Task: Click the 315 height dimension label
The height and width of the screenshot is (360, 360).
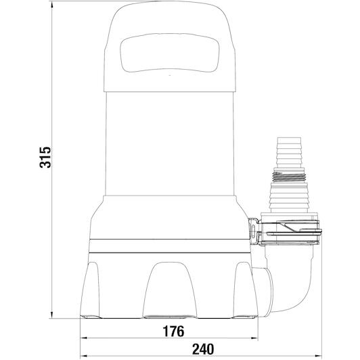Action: click(45, 157)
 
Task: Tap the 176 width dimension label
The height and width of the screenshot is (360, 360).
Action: click(173, 331)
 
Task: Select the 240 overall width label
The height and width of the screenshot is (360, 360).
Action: click(203, 349)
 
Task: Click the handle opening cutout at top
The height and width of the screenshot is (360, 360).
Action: click(169, 53)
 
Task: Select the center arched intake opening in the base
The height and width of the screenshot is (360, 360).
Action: click(170, 290)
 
